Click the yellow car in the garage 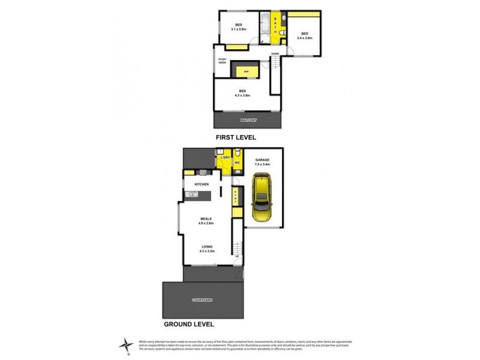click(x=263, y=198)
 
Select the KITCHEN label click(x=201, y=184)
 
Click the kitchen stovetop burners click(x=203, y=173)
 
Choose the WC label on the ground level click(x=238, y=163)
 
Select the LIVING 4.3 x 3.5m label click(x=206, y=248)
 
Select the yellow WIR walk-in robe click(x=246, y=71)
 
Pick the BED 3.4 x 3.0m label click(x=304, y=35)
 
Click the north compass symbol click(x=127, y=343)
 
